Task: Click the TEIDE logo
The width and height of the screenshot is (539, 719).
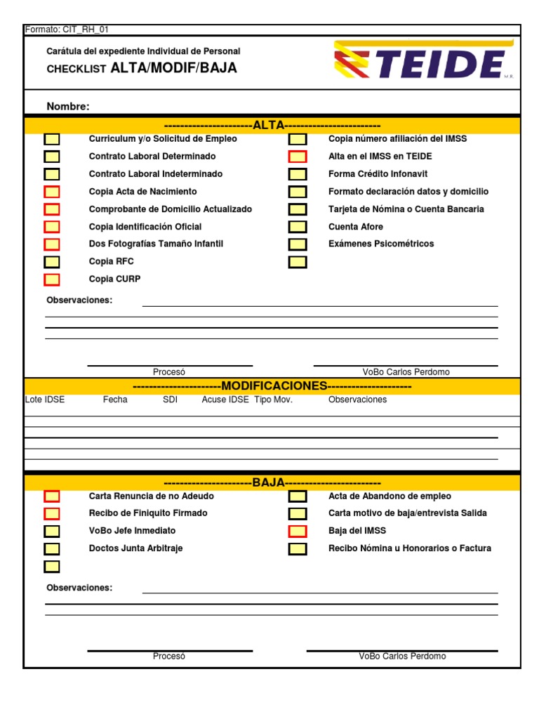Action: pyautogui.click(x=423, y=61)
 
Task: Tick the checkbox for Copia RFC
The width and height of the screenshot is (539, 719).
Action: pyautogui.click(x=52, y=262)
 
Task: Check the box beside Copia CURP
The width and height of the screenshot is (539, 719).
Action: pyautogui.click(x=52, y=279)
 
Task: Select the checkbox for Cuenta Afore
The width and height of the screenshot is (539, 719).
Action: pyautogui.click(x=298, y=227)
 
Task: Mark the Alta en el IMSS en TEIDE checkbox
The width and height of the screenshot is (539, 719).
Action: pyautogui.click(x=298, y=157)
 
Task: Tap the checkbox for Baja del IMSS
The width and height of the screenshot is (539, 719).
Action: pyautogui.click(x=298, y=531)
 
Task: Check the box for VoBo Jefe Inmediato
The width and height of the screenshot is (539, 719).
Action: pyautogui.click(x=52, y=531)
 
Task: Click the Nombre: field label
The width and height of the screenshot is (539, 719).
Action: pyautogui.click(x=68, y=107)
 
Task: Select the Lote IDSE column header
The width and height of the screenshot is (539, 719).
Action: pyautogui.click(x=45, y=400)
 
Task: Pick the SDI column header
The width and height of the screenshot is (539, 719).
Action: pyautogui.click(x=170, y=400)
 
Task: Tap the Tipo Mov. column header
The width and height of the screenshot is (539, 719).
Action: pyautogui.click(x=273, y=400)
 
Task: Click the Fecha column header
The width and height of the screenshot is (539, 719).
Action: pyautogui.click(x=115, y=400)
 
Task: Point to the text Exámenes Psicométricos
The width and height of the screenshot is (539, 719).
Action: pyautogui.click(x=381, y=244)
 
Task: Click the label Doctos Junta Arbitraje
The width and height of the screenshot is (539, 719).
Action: pyautogui.click(x=135, y=548)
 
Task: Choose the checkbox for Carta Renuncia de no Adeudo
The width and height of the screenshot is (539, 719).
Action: pyautogui.click(x=52, y=496)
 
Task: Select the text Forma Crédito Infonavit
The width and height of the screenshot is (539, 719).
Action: pyautogui.click(x=378, y=174)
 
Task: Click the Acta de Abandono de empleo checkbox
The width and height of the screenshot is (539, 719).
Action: pyautogui.click(x=298, y=496)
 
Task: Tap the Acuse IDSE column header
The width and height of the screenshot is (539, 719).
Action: pyautogui.click(x=225, y=400)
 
